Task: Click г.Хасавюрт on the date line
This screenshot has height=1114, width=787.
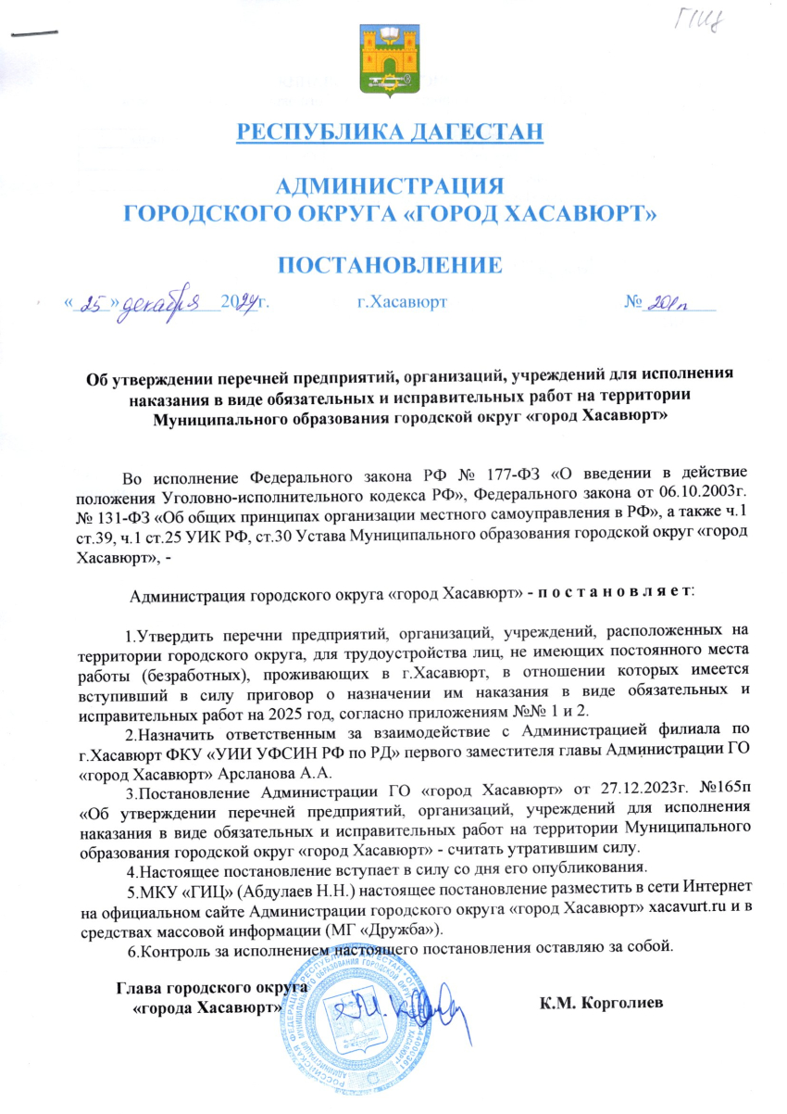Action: pos(402,302)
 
